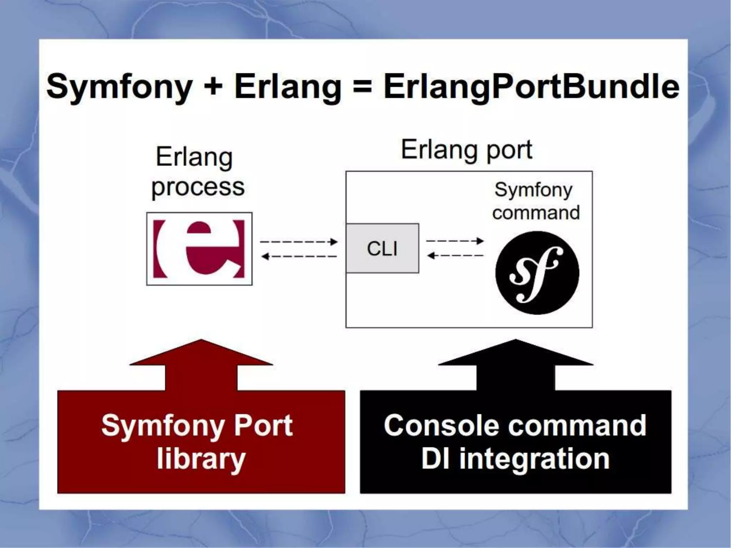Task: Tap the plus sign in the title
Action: [213, 86]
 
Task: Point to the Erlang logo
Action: [199, 249]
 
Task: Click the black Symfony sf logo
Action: [537, 273]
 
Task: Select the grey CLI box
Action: [382, 248]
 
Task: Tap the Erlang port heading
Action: [467, 150]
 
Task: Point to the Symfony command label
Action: [535, 201]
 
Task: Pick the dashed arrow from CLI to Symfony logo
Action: [455, 241]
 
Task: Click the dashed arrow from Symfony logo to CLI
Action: [455, 255]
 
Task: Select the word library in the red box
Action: [201, 459]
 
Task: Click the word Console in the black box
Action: [441, 425]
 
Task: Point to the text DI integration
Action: [515, 459]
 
